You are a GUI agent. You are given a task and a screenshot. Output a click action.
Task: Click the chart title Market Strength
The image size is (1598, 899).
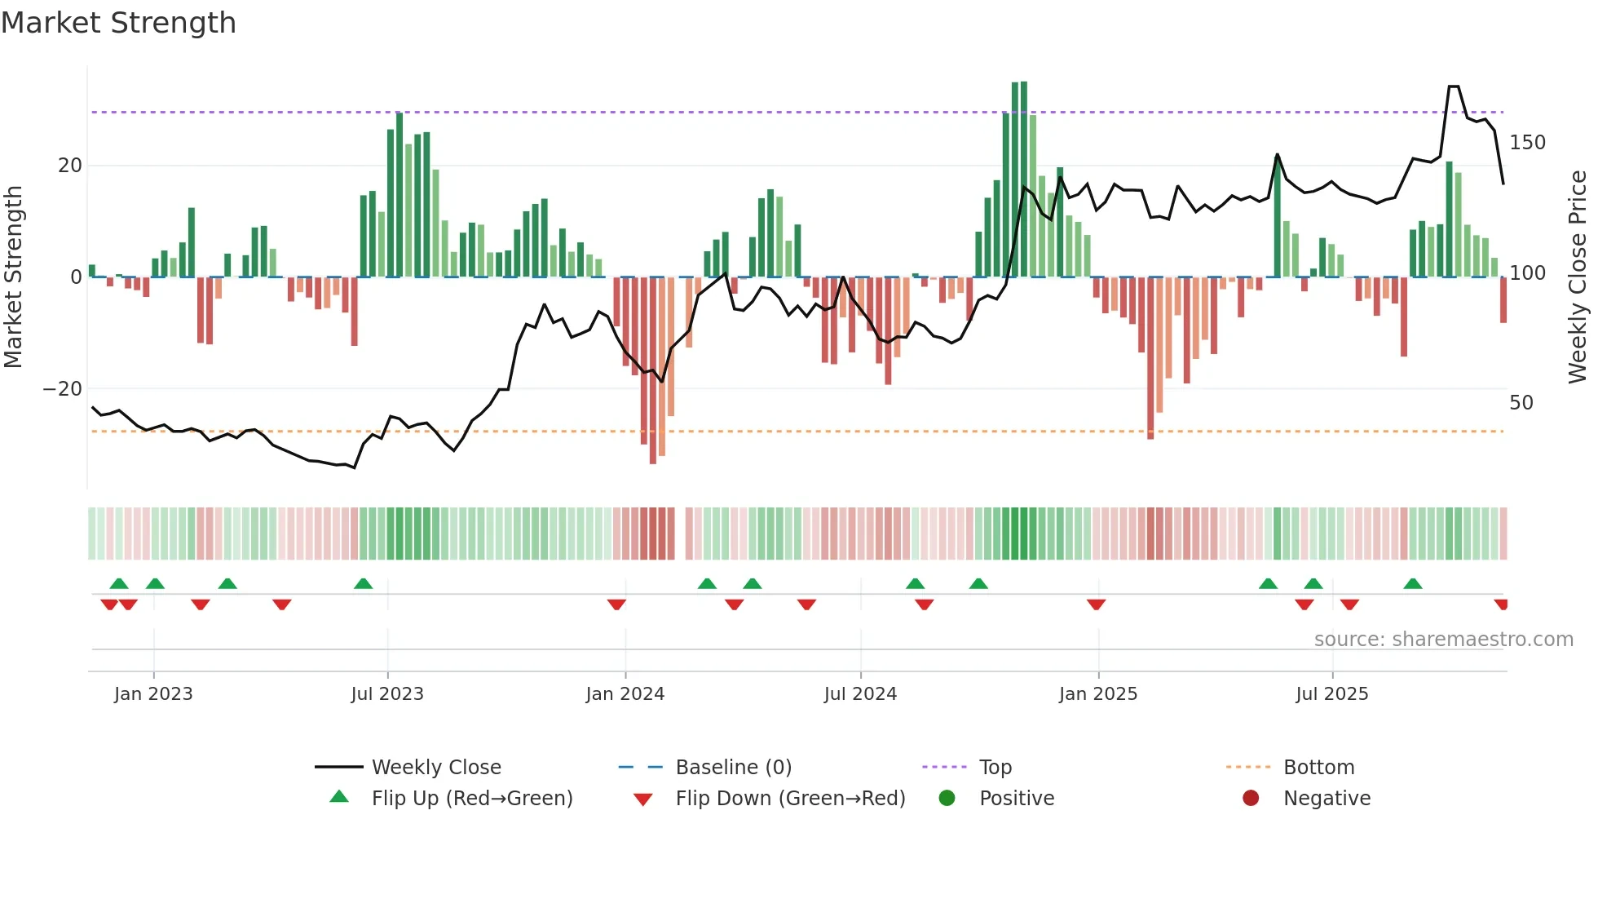click(x=118, y=23)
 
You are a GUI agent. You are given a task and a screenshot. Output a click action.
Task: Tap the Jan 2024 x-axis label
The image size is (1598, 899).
click(x=625, y=694)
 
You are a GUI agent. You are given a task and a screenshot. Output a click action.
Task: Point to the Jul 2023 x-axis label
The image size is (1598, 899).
click(x=387, y=694)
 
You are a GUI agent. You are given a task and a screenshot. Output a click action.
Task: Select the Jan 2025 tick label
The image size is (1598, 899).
click(x=1097, y=694)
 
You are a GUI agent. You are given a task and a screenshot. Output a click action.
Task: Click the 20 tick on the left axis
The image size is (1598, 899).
click(x=70, y=166)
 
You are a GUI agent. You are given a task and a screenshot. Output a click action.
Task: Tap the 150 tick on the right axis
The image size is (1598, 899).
click(x=1527, y=143)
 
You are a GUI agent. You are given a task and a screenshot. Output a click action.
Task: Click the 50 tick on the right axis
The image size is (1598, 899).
click(x=1521, y=403)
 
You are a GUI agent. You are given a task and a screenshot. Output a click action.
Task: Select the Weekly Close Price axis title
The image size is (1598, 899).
click(x=1578, y=277)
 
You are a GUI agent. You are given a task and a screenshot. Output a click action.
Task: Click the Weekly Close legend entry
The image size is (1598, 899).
click(x=436, y=768)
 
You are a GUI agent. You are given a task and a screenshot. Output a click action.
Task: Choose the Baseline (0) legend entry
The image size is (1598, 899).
click(x=733, y=768)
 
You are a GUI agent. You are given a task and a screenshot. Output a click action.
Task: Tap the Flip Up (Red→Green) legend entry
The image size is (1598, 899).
click(x=472, y=799)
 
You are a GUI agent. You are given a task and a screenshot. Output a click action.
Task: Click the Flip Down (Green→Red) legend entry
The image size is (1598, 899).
click(x=790, y=799)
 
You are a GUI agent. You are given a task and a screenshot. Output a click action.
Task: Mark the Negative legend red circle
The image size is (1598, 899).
click(x=1250, y=799)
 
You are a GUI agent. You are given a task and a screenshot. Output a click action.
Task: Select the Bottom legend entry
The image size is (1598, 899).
click(x=1318, y=768)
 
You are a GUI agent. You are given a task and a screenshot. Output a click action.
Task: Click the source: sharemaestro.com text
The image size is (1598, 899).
click(x=1443, y=640)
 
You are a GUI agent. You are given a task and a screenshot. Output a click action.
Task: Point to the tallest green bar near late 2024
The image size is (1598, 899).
click(x=1023, y=179)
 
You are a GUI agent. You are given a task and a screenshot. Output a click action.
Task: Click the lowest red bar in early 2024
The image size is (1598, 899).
click(x=653, y=371)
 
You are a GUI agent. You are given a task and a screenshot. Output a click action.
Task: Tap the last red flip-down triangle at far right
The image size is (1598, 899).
click(x=1501, y=604)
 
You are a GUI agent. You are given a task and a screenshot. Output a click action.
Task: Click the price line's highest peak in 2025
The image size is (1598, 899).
click(x=1454, y=86)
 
